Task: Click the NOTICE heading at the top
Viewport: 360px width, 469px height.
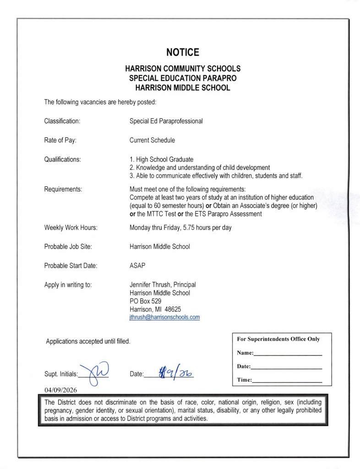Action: point(182,52)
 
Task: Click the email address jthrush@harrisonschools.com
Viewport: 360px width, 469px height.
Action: point(164,317)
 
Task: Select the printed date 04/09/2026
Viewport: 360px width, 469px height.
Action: point(61,390)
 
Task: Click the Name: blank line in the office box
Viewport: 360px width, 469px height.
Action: point(288,354)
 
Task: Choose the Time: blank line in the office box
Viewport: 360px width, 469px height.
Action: point(287,381)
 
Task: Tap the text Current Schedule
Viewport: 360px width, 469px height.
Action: point(152,140)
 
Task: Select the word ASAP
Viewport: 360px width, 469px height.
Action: point(137,265)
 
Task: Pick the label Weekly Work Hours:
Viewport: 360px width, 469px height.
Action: point(71,228)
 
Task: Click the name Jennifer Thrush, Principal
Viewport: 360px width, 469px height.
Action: point(163,284)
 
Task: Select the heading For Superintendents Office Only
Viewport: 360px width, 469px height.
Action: point(278,339)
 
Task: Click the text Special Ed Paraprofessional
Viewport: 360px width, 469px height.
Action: point(166,121)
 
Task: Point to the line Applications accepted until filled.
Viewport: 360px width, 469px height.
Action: point(88,341)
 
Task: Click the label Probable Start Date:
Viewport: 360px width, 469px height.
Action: point(71,265)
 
